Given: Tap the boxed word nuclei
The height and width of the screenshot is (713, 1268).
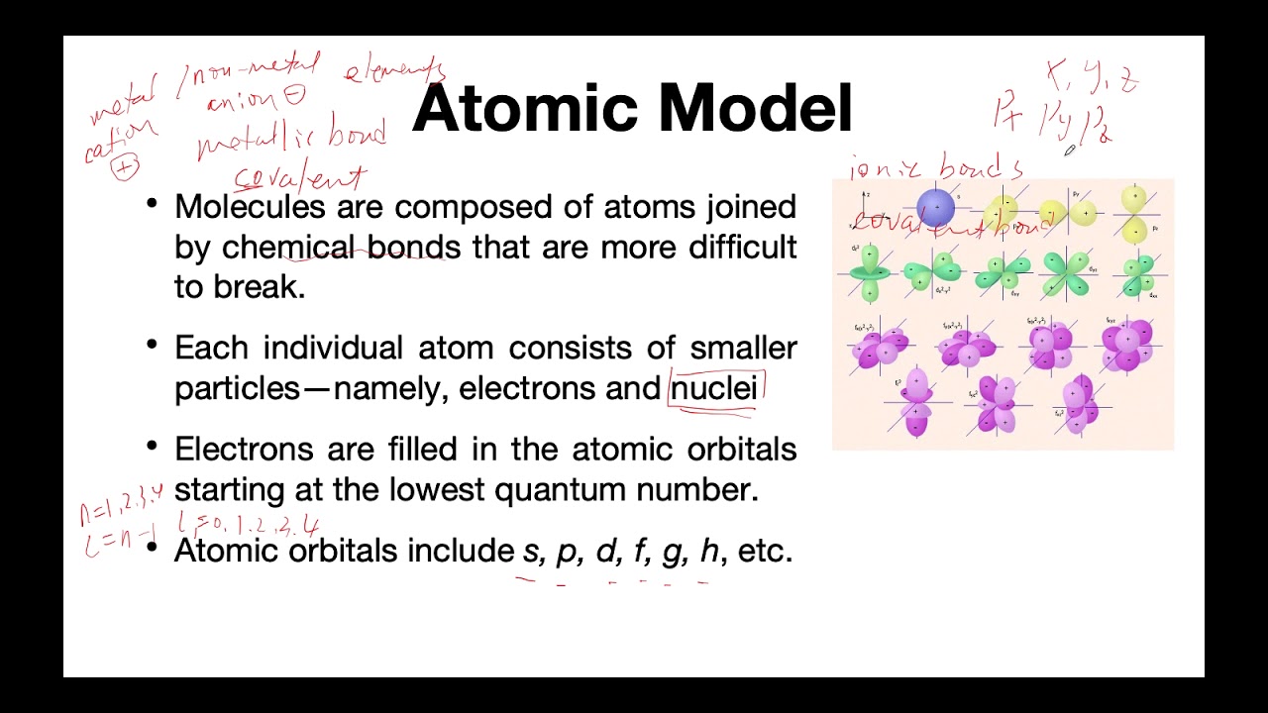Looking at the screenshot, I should (x=714, y=388).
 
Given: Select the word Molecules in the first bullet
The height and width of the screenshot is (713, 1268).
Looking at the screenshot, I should (x=250, y=207).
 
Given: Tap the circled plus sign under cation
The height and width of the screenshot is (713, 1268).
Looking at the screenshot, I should (x=125, y=167).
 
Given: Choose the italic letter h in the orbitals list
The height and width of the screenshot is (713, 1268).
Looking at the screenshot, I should (x=709, y=551).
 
